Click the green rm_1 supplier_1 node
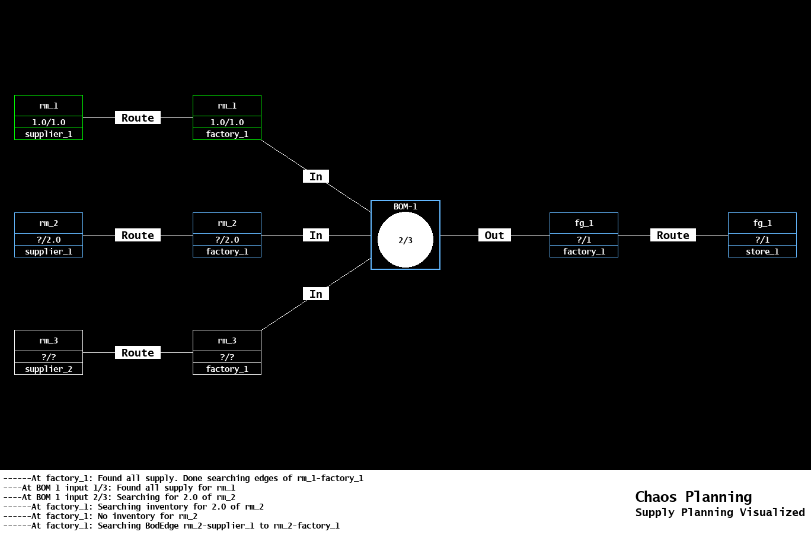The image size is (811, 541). tap(49, 117)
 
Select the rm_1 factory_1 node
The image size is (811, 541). tap(227, 117)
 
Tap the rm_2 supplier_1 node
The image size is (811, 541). tap(49, 235)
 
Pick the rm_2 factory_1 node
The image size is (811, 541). tap(227, 235)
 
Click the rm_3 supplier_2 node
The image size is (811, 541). tap(49, 352)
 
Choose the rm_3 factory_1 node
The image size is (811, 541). tap(227, 352)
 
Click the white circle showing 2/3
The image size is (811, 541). tap(405, 240)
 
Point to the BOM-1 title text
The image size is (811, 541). tap(405, 206)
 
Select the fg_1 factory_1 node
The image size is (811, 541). tap(584, 235)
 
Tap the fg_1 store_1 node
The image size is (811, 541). tap(762, 235)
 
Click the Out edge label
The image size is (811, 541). tap(494, 236)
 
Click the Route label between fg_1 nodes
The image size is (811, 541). tap(673, 236)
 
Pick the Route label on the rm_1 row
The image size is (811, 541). tap(138, 118)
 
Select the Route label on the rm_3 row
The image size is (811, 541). tap(138, 353)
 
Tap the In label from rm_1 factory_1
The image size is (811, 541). tap(316, 177)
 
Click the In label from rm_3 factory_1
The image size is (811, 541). tap(316, 294)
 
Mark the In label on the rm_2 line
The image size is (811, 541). tap(316, 236)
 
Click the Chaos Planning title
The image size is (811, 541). tap(693, 497)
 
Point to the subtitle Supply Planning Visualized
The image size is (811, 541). tap(720, 513)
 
